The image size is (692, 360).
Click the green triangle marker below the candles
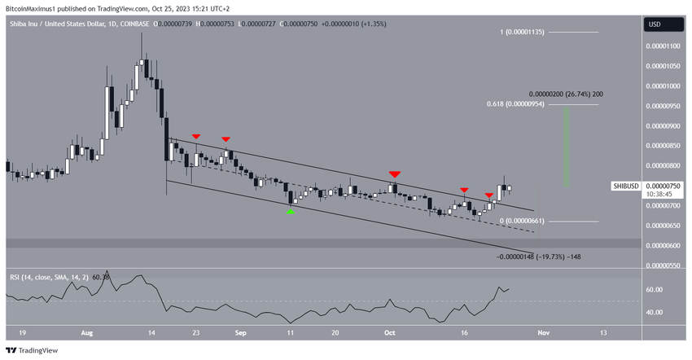[x=291, y=211]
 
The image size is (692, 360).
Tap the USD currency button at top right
[x=655, y=24]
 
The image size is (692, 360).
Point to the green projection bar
[x=566, y=147]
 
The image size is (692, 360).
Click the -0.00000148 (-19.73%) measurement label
[x=538, y=257]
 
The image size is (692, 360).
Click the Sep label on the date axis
[x=240, y=332]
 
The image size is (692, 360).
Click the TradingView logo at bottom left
[x=33, y=350]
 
